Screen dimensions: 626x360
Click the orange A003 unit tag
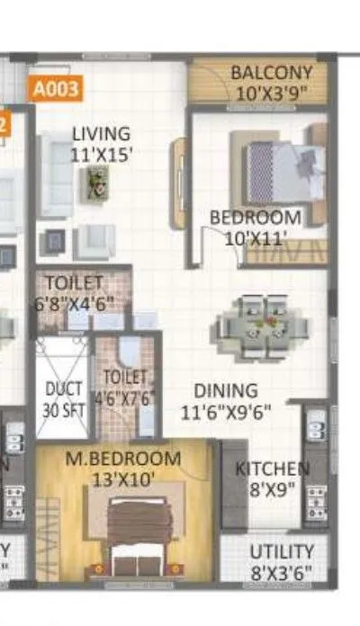coord(57,89)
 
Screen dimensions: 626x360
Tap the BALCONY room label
coord(271,73)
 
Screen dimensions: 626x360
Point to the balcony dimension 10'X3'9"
coord(271,93)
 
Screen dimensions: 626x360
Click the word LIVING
coord(101,134)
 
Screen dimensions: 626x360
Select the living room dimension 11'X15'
coord(102,154)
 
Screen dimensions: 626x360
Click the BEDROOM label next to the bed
coord(256,218)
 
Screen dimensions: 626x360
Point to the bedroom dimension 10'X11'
coord(247,238)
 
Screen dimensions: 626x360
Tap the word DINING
coord(227,391)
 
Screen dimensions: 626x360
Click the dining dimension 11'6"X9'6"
coord(227,412)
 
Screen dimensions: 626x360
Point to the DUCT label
coord(63,389)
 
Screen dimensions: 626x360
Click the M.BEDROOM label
coord(123,460)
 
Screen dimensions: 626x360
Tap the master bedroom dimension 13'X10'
coord(123,479)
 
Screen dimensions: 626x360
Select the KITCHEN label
coord(272,469)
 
